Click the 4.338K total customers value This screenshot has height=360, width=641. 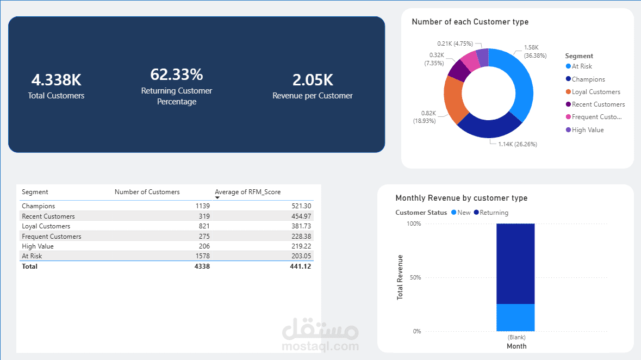point(57,80)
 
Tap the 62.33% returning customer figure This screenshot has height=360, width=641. point(177,75)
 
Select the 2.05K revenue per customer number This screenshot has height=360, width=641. point(313,80)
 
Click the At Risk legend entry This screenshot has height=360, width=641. point(582,66)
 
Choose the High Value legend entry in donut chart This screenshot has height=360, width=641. point(587,130)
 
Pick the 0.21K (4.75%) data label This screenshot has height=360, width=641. point(455,44)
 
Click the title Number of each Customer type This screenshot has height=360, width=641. point(470,22)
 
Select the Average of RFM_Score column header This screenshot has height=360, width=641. point(247,192)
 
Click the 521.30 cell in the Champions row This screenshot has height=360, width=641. point(301,206)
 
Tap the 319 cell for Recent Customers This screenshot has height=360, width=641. point(204,216)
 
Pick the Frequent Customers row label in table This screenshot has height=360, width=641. point(52,237)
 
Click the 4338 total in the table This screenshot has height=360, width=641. point(202,266)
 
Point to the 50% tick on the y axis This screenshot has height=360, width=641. point(415,277)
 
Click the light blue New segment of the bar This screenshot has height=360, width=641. point(515,318)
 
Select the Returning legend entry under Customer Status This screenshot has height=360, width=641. point(494,213)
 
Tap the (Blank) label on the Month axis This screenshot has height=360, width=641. point(516,338)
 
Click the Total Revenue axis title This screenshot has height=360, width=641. point(400,277)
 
